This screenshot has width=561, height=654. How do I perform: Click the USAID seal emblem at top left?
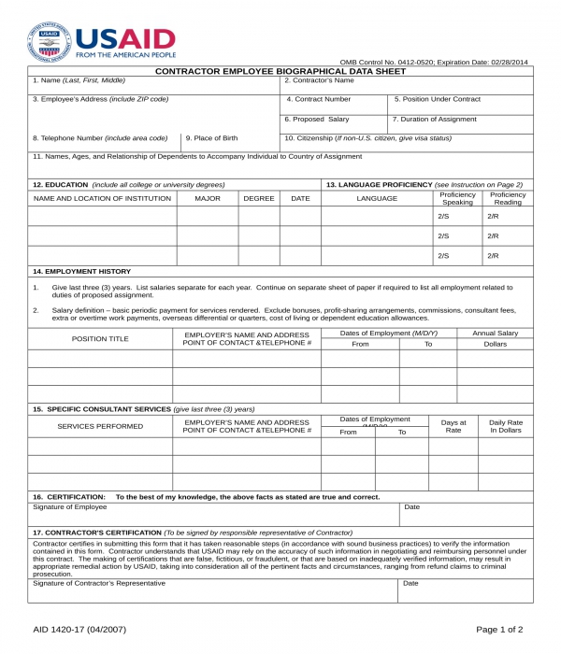click(50, 42)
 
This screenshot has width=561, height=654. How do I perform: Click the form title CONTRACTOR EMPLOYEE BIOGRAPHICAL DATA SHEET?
click(280, 71)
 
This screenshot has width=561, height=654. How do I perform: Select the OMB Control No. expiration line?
click(433, 62)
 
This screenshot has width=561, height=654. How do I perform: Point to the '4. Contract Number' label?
click(319, 99)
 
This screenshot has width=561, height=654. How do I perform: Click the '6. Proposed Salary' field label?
click(317, 120)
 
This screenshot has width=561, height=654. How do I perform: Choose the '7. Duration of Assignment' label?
click(434, 120)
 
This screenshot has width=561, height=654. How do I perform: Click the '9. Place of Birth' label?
click(211, 138)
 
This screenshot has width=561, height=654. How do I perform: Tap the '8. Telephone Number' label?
click(100, 138)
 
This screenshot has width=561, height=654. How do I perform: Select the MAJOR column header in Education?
click(207, 198)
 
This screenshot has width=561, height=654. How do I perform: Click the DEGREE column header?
click(259, 198)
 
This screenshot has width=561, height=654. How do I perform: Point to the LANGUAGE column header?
click(377, 198)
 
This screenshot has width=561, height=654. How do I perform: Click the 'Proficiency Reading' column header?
click(508, 198)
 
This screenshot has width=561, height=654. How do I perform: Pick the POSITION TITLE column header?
click(100, 338)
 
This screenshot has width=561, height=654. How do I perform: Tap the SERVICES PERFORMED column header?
click(100, 426)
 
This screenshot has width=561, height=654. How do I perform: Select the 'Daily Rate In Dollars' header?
click(506, 426)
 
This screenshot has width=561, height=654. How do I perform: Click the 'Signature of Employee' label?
click(70, 507)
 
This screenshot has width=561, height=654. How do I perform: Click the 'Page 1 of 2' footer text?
click(499, 630)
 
